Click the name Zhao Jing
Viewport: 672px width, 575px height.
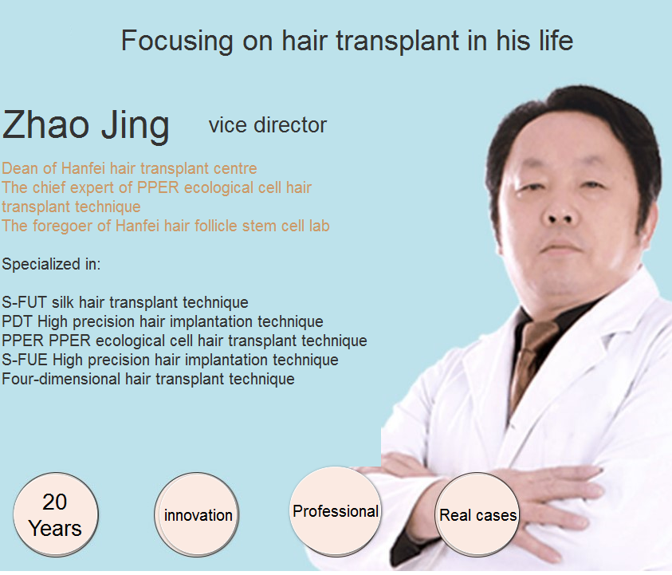(86, 125)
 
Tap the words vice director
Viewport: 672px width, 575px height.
(268, 125)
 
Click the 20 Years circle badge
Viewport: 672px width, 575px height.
(56, 514)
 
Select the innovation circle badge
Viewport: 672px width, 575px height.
(197, 514)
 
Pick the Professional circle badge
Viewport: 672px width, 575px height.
(336, 511)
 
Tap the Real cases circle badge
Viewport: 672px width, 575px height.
(477, 514)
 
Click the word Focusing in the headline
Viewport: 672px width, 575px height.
(177, 41)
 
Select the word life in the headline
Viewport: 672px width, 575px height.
(556, 41)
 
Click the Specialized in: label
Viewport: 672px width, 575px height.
(51, 264)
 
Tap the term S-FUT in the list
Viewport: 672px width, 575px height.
(24, 302)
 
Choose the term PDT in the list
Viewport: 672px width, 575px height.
(18, 321)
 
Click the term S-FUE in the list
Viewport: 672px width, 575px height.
(25, 360)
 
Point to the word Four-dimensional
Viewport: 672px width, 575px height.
(61, 379)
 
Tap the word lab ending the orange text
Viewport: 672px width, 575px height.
(320, 226)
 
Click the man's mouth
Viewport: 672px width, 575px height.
(560, 248)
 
